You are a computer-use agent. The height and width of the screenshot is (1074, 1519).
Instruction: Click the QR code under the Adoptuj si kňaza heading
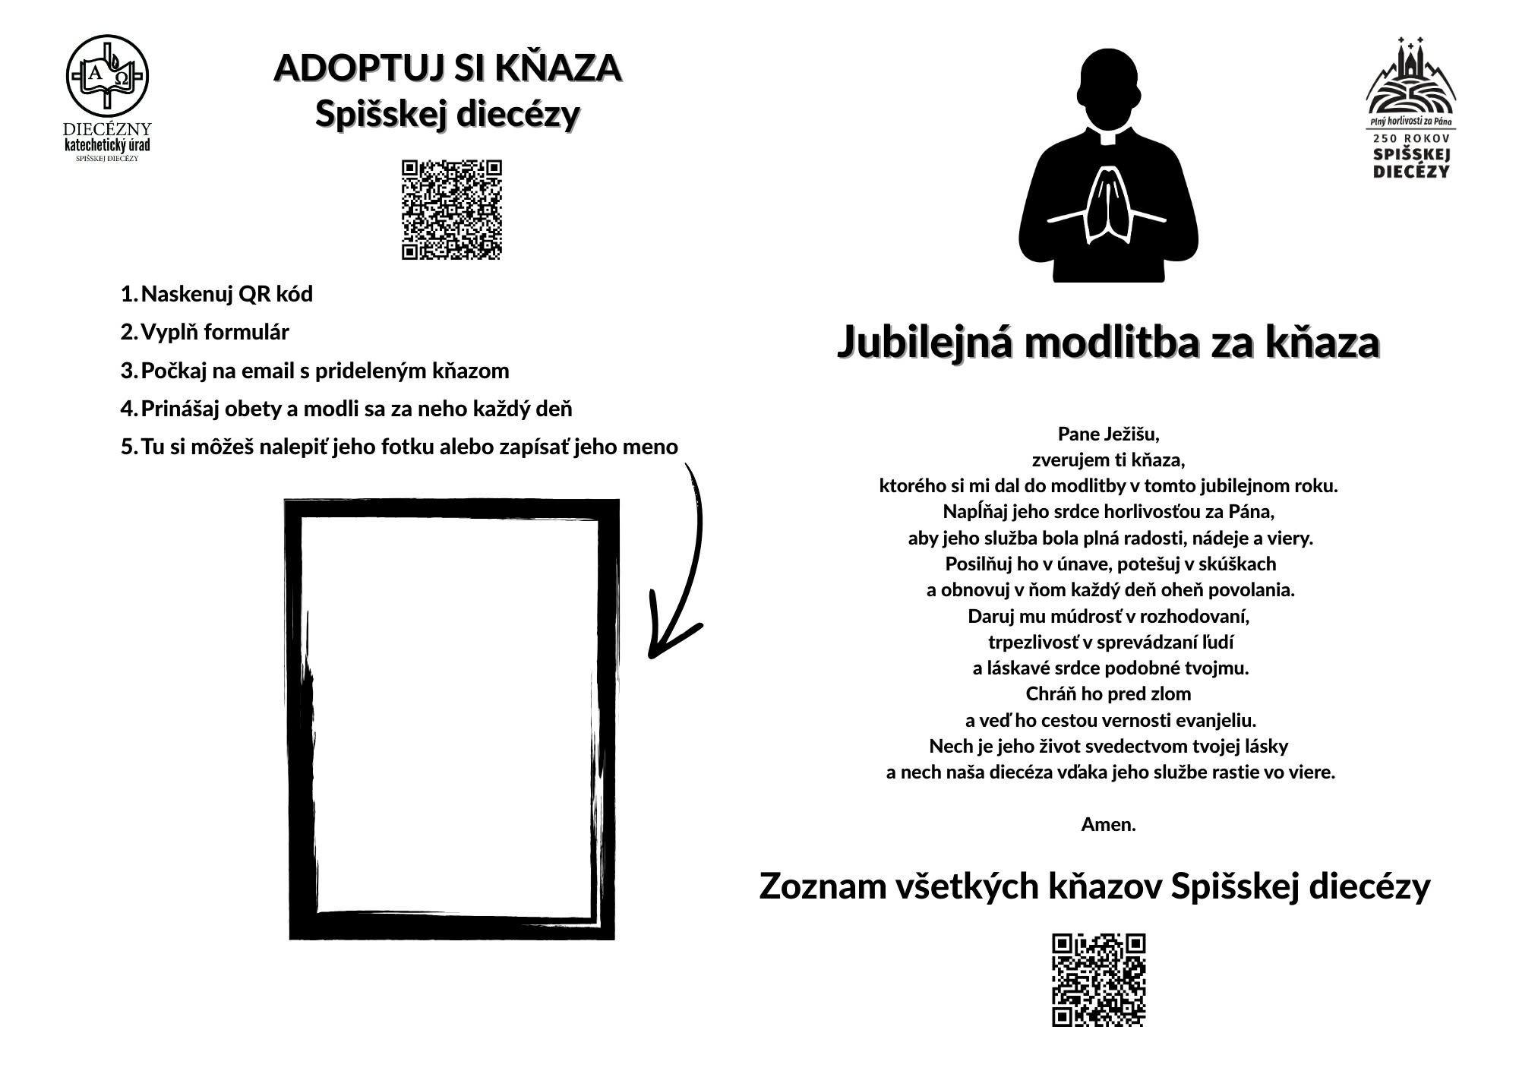coord(452,210)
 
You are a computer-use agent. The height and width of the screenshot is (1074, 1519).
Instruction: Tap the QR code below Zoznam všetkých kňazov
coord(1098,980)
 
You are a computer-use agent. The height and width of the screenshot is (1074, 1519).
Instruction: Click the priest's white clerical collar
coord(1108,137)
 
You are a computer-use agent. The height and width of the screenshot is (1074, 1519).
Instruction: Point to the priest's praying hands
coord(1108,205)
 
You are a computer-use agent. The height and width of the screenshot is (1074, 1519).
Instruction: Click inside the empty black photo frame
coord(452,718)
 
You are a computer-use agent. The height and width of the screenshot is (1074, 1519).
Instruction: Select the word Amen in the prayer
coord(1108,824)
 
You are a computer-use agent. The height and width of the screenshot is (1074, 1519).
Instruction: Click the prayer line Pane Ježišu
coord(1108,434)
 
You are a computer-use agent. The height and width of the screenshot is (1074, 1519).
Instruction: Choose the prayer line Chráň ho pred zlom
coord(1108,693)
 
